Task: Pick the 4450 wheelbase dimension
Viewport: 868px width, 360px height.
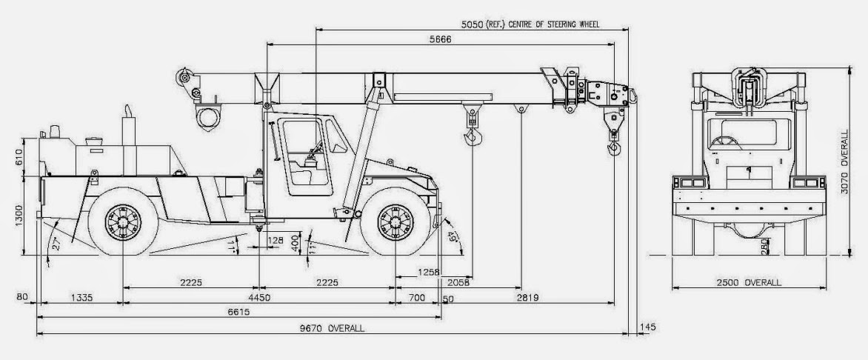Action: pos(258,298)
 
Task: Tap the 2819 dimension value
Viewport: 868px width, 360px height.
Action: pos(527,298)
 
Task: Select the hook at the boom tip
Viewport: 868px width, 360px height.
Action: pos(613,149)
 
